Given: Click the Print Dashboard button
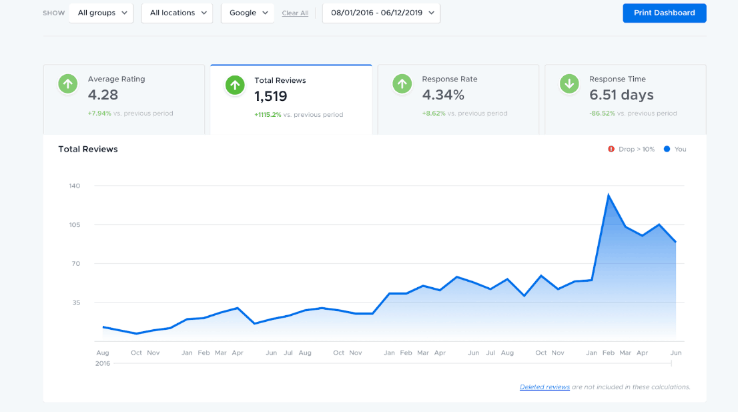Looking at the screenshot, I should [664, 13].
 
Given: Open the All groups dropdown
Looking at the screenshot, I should [101, 13].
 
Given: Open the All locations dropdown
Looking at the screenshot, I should [177, 13].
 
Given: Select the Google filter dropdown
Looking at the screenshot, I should [248, 13].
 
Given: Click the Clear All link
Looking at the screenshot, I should [295, 13].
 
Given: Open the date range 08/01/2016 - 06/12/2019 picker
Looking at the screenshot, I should [381, 13].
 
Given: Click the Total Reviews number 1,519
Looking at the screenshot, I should [271, 96].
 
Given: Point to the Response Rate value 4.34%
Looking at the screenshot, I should [443, 95].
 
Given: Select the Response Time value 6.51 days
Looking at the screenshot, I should [621, 95].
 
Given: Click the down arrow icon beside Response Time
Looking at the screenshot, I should [569, 83].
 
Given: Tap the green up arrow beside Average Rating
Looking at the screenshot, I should [67, 83].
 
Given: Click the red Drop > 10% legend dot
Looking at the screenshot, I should [611, 149].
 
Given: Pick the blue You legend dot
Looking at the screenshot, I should [667, 149].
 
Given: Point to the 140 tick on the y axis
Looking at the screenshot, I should [74, 186].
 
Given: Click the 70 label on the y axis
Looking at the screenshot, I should [75, 264].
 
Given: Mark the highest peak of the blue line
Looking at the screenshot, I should [608, 195].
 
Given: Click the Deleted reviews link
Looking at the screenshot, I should [544, 387].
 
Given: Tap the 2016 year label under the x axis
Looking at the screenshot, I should [103, 364].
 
